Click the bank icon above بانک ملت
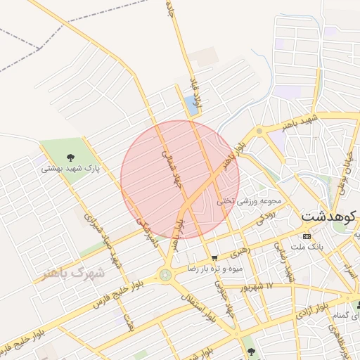coord(306,236)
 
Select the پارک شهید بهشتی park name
coord(70,169)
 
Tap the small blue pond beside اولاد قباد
coord(191,107)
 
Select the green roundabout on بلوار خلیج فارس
coord(166,275)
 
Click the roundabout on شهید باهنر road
coord(259,131)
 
